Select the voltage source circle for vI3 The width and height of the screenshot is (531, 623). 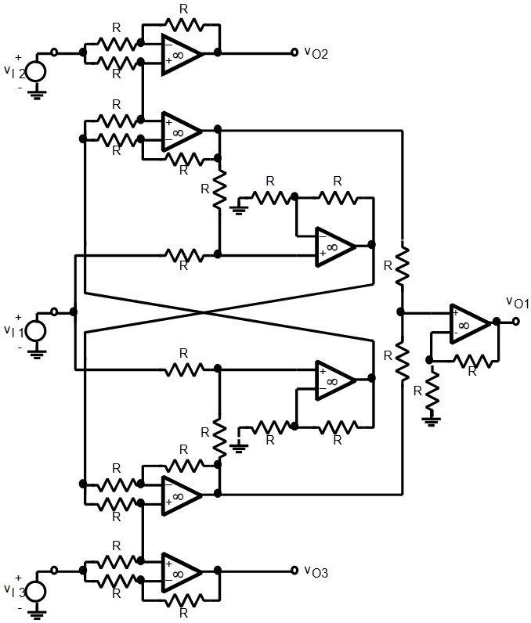(x=34, y=588)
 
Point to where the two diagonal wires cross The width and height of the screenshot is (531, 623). (x=204, y=312)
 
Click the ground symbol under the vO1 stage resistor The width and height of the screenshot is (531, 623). (x=429, y=420)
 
